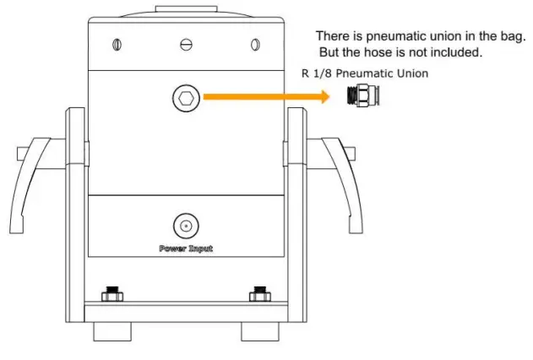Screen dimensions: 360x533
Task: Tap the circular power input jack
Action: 185,226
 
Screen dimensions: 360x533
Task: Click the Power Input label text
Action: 185,248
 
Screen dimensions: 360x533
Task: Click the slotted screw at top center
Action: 185,44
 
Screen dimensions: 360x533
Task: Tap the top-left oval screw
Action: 117,44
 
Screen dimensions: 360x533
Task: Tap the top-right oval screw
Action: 253,44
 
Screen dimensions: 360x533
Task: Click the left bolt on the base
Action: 111,296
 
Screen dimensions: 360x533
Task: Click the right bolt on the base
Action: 258,296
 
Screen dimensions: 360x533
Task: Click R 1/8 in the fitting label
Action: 315,74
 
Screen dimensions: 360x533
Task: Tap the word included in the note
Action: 457,52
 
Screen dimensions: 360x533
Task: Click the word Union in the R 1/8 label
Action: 411,74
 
